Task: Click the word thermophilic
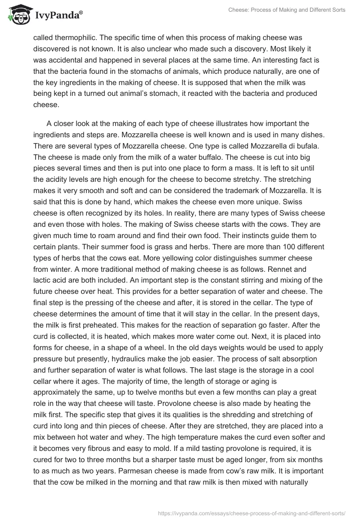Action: click(x=74, y=39)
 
